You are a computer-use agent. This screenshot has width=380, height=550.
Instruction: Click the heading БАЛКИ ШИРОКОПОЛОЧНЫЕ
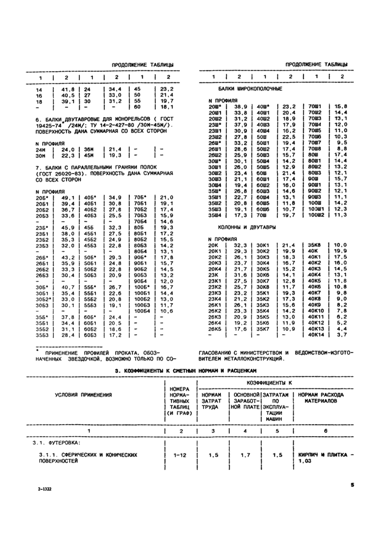click(x=250, y=88)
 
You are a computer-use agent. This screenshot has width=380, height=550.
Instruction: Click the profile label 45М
click(x=88, y=155)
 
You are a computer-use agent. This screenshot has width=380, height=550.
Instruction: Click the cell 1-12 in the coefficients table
click(x=180, y=456)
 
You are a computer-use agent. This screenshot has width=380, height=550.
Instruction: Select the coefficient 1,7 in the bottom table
click(x=244, y=456)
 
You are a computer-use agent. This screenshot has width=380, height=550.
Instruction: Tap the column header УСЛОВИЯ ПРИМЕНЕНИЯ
click(x=87, y=394)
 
